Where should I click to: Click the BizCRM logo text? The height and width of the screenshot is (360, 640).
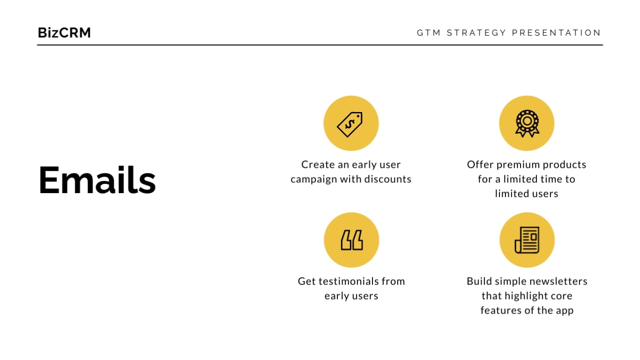click(64, 33)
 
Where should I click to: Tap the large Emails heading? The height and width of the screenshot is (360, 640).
click(97, 180)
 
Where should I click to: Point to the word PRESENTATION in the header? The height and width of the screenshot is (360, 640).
click(557, 33)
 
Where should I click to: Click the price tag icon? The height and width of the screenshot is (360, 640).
click(350, 124)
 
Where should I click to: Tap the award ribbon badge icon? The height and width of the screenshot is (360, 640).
click(527, 123)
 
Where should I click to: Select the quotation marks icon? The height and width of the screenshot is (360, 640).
click(351, 240)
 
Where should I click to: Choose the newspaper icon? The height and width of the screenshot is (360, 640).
click(527, 240)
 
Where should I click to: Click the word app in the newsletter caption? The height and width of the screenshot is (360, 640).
click(564, 310)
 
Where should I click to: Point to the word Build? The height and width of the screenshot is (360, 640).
click(478, 281)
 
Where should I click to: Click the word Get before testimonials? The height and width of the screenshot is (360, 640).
click(306, 281)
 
